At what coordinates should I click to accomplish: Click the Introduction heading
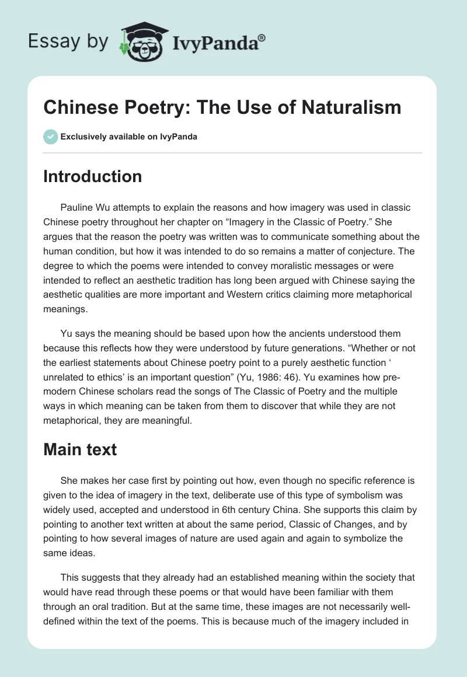click(x=92, y=176)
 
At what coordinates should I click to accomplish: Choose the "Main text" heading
click(x=80, y=449)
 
